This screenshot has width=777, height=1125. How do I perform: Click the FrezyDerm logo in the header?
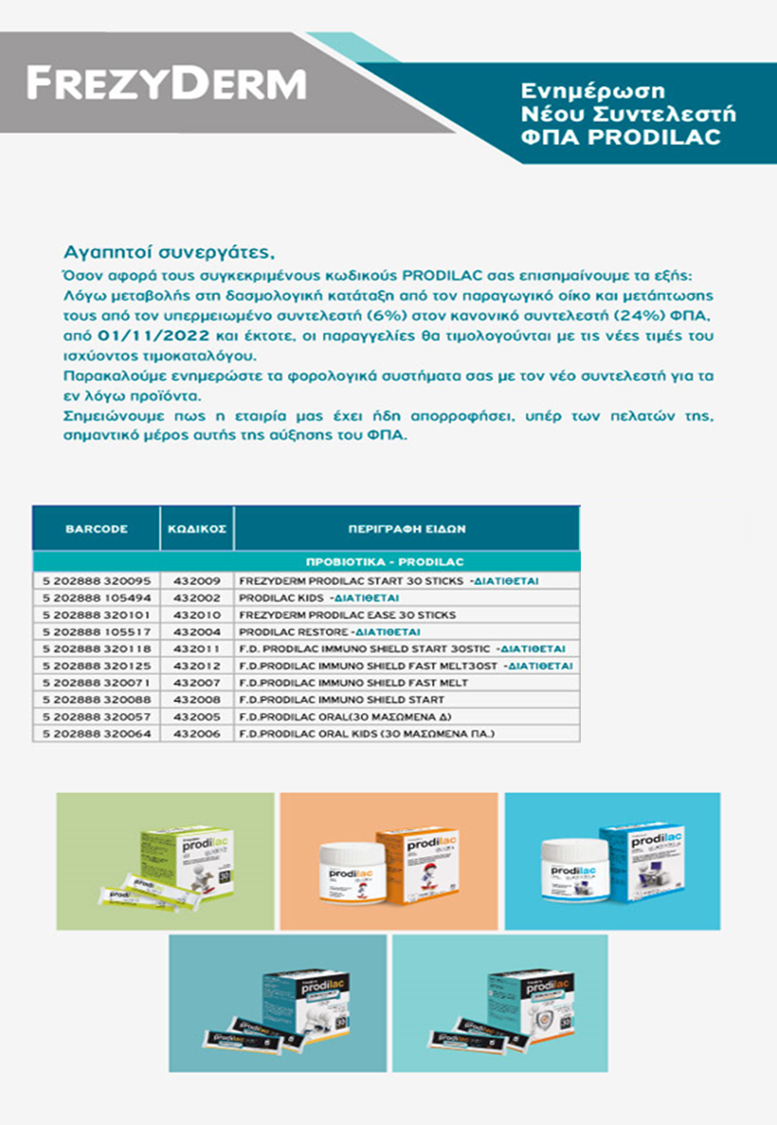coord(165,84)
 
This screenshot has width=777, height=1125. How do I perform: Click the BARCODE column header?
coord(96,528)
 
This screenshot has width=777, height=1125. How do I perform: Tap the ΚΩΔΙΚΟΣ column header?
coord(195,528)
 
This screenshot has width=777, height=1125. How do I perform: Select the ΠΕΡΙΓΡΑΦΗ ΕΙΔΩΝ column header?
coord(406,528)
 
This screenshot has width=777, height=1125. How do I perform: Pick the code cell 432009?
coord(195,580)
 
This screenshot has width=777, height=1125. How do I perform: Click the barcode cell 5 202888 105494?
coord(96,598)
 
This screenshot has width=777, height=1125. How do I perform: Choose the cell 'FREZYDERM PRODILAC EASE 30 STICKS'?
coord(347,615)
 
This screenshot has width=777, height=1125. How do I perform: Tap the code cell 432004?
coord(195,632)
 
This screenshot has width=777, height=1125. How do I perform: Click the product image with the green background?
coord(165,861)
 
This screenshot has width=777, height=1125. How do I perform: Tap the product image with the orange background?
coord(388,861)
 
